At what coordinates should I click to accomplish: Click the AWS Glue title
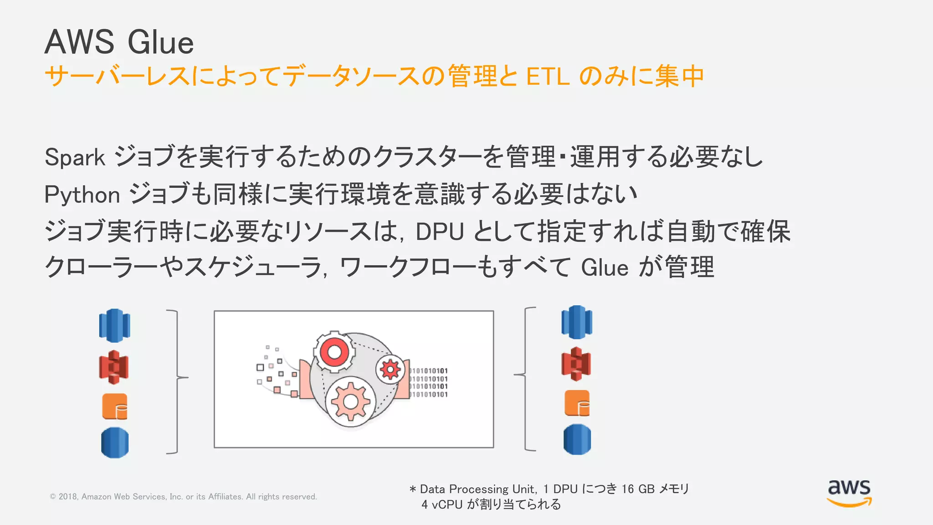coord(119,42)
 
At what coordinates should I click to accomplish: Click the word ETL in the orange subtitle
coord(548,77)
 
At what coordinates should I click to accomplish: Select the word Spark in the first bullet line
coord(75,158)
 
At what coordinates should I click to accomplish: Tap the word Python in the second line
coord(82,195)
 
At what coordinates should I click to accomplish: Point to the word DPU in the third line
coord(440,232)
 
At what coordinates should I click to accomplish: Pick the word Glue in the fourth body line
coord(605,268)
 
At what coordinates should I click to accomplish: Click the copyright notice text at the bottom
coord(183,497)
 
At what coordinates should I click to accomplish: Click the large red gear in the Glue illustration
coord(334,352)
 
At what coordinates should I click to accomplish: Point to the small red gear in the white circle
coord(390,369)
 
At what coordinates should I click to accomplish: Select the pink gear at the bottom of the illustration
coord(350,401)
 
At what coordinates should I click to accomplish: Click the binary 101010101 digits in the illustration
coord(428,382)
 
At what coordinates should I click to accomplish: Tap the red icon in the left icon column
coord(114,367)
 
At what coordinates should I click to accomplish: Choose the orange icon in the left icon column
coord(115,407)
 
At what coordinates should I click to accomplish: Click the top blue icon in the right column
coord(577,322)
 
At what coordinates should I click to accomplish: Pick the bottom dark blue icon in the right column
coord(577,440)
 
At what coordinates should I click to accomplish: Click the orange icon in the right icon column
coord(577,403)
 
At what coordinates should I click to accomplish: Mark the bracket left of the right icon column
coord(526,378)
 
